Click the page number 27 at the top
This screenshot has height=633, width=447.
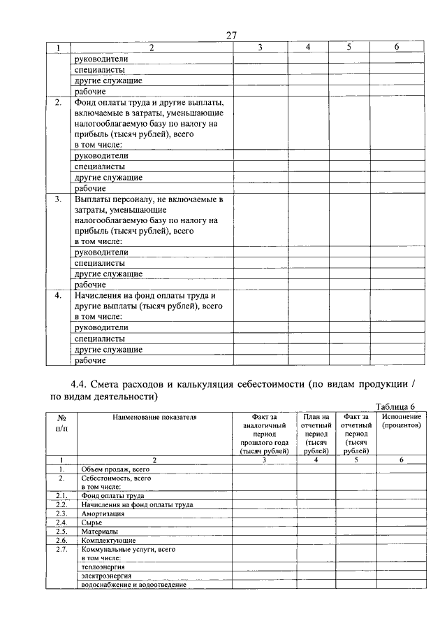click(233, 36)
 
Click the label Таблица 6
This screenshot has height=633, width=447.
click(395, 406)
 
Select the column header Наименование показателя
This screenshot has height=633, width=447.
click(154, 417)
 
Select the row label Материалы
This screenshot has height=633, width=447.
click(98, 531)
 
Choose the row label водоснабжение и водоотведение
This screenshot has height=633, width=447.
click(133, 585)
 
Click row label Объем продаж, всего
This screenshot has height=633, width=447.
click(115, 469)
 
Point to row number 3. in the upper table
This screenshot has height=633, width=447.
click(59, 199)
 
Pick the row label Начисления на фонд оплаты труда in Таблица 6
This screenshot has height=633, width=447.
click(137, 504)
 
